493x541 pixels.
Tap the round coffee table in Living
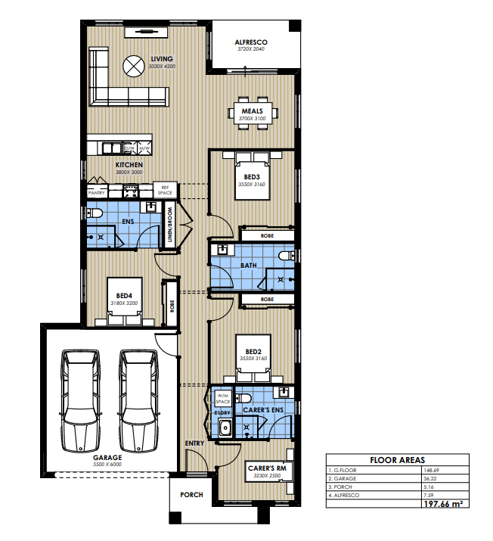(134, 67)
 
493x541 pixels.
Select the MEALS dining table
(253, 113)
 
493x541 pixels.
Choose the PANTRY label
(96, 193)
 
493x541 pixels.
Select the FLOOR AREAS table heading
(397, 459)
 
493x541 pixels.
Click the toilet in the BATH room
(286, 257)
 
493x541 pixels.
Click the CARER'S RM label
(268, 469)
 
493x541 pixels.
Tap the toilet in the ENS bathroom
(95, 216)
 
